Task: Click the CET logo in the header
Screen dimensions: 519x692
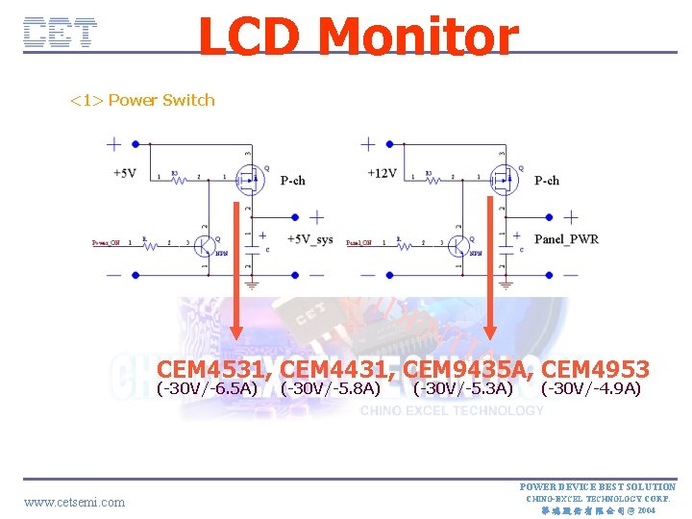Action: (60, 33)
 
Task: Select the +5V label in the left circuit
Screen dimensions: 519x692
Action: (124, 173)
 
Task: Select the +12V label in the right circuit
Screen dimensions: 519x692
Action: (382, 173)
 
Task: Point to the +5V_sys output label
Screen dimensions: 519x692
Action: (309, 239)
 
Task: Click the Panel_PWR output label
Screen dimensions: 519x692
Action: (566, 239)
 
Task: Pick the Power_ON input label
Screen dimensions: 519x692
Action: (106, 243)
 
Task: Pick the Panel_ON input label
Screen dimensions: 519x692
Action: (360, 243)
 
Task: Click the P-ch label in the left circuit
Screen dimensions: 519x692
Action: (293, 180)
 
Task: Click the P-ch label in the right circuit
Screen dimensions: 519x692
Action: (547, 180)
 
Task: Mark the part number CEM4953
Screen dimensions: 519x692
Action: (596, 369)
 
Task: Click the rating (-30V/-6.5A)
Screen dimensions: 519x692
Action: (207, 388)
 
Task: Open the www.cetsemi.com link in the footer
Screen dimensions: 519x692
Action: (74, 502)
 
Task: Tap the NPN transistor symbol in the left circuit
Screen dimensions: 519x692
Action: (205, 245)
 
